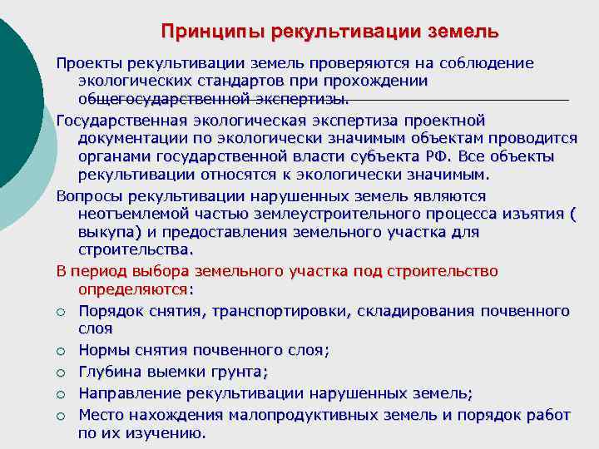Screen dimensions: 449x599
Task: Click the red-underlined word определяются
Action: (132, 289)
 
